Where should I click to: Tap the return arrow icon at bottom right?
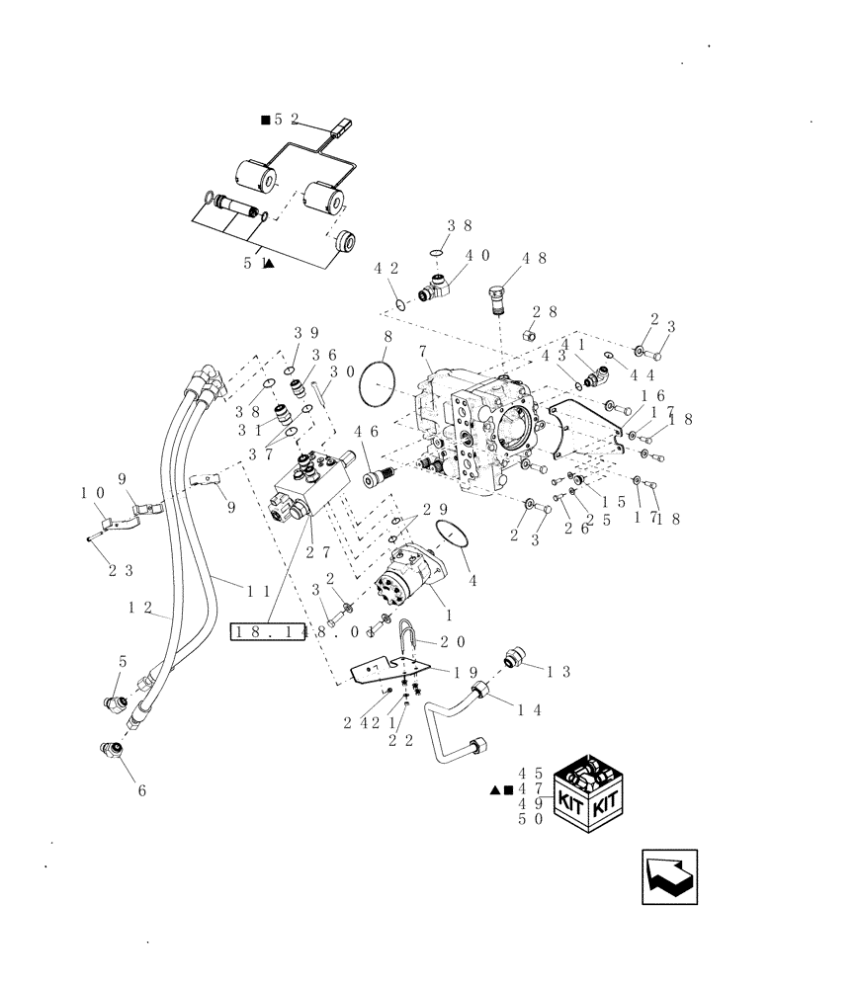tap(669, 875)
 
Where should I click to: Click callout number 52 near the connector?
tap(280, 120)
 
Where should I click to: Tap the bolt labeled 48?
tap(497, 296)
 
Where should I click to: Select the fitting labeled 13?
tap(513, 658)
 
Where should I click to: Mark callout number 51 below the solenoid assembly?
tap(252, 264)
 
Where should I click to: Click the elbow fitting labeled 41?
tap(596, 376)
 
